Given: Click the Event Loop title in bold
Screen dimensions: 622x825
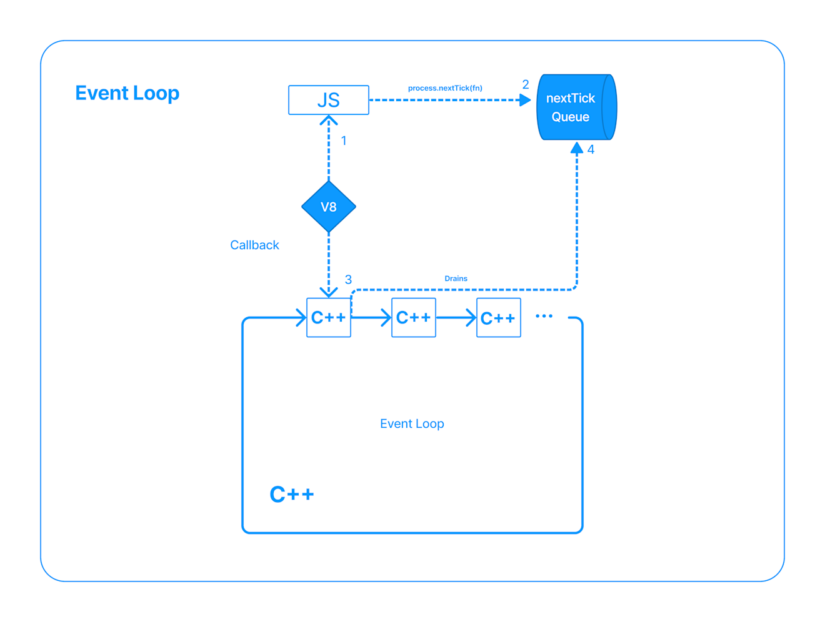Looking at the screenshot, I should point(127,93).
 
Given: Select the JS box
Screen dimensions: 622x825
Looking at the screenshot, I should point(328,100).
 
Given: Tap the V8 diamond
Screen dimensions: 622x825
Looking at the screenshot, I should point(329,207).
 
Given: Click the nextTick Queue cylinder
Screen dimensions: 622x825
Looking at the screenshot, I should point(576,107).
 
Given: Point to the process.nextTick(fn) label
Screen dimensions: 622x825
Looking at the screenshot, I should point(445,88).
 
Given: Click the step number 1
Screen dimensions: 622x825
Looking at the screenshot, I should point(344,141).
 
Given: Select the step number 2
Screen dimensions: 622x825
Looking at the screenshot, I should point(526,84).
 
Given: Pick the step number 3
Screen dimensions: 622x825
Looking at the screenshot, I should point(348,279).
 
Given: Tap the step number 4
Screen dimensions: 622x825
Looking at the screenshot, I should point(591,150).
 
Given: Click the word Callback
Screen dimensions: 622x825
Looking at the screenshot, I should point(254,245).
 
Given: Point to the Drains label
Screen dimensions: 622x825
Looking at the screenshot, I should point(456,279).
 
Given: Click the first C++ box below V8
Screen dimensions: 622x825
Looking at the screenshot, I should point(328,318).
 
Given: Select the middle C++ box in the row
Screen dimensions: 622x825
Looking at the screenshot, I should point(413,318).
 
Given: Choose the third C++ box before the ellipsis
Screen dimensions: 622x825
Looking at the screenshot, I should point(498,318).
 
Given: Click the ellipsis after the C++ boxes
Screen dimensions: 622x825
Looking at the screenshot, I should point(544,316).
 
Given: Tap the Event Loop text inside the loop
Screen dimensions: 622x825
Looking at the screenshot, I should point(412,424).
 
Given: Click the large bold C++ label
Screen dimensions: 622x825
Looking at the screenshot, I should point(291,495).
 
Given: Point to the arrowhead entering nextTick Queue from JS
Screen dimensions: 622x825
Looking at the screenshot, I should point(525,100).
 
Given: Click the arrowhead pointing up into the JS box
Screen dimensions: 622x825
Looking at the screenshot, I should point(329,120).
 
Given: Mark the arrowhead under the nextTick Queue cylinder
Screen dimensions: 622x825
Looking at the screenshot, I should point(577,148).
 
